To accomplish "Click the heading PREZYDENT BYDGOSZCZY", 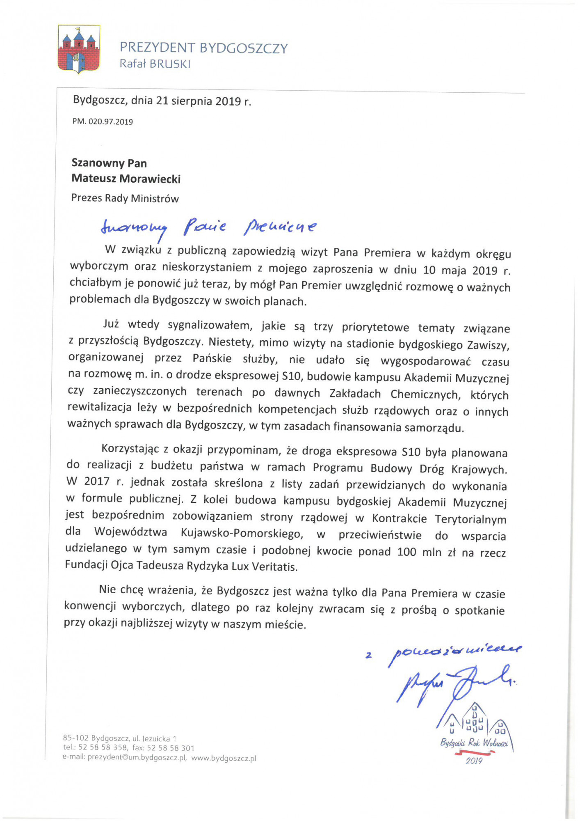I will [203, 48].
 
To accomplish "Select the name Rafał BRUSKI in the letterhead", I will [155, 64].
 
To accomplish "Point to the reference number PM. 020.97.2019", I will [103, 122].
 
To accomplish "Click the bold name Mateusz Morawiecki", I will [126, 179].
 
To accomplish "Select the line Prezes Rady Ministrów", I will [125, 198].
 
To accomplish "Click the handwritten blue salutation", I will [208, 227].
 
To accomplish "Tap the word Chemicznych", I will [425, 394].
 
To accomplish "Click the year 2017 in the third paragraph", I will [97, 482].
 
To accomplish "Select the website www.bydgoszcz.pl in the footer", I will [224, 758].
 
